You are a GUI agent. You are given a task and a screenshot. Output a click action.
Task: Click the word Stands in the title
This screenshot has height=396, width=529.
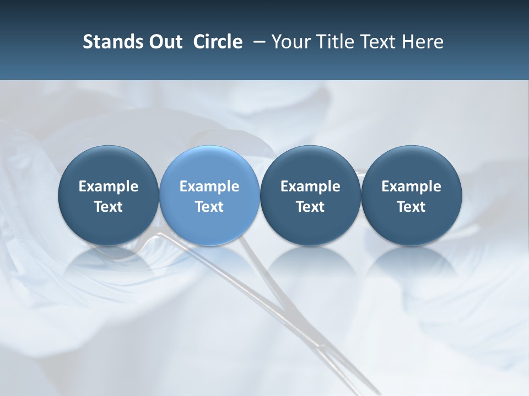pyautogui.click(x=109, y=42)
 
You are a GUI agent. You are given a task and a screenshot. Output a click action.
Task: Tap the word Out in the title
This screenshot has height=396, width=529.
pyautogui.click(x=164, y=42)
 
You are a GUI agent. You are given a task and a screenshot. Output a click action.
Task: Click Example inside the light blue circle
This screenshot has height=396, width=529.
pyautogui.click(x=209, y=186)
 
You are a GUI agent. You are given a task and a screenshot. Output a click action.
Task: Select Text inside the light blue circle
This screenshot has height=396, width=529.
pyautogui.click(x=209, y=207)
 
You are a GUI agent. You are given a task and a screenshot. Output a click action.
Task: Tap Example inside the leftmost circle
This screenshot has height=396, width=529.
pyautogui.click(x=109, y=186)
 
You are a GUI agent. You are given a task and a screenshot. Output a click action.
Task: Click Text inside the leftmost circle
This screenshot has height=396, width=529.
pyautogui.click(x=109, y=207)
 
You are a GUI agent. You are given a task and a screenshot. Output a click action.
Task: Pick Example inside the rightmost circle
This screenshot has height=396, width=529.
pyautogui.click(x=411, y=186)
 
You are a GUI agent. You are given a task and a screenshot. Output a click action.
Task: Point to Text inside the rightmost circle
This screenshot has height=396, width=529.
pyautogui.click(x=411, y=207)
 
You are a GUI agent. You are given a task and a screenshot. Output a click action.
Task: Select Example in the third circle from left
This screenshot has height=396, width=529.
pyautogui.click(x=310, y=186)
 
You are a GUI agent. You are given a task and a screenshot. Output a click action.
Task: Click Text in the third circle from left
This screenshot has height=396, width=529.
pyautogui.click(x=310, y=207)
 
